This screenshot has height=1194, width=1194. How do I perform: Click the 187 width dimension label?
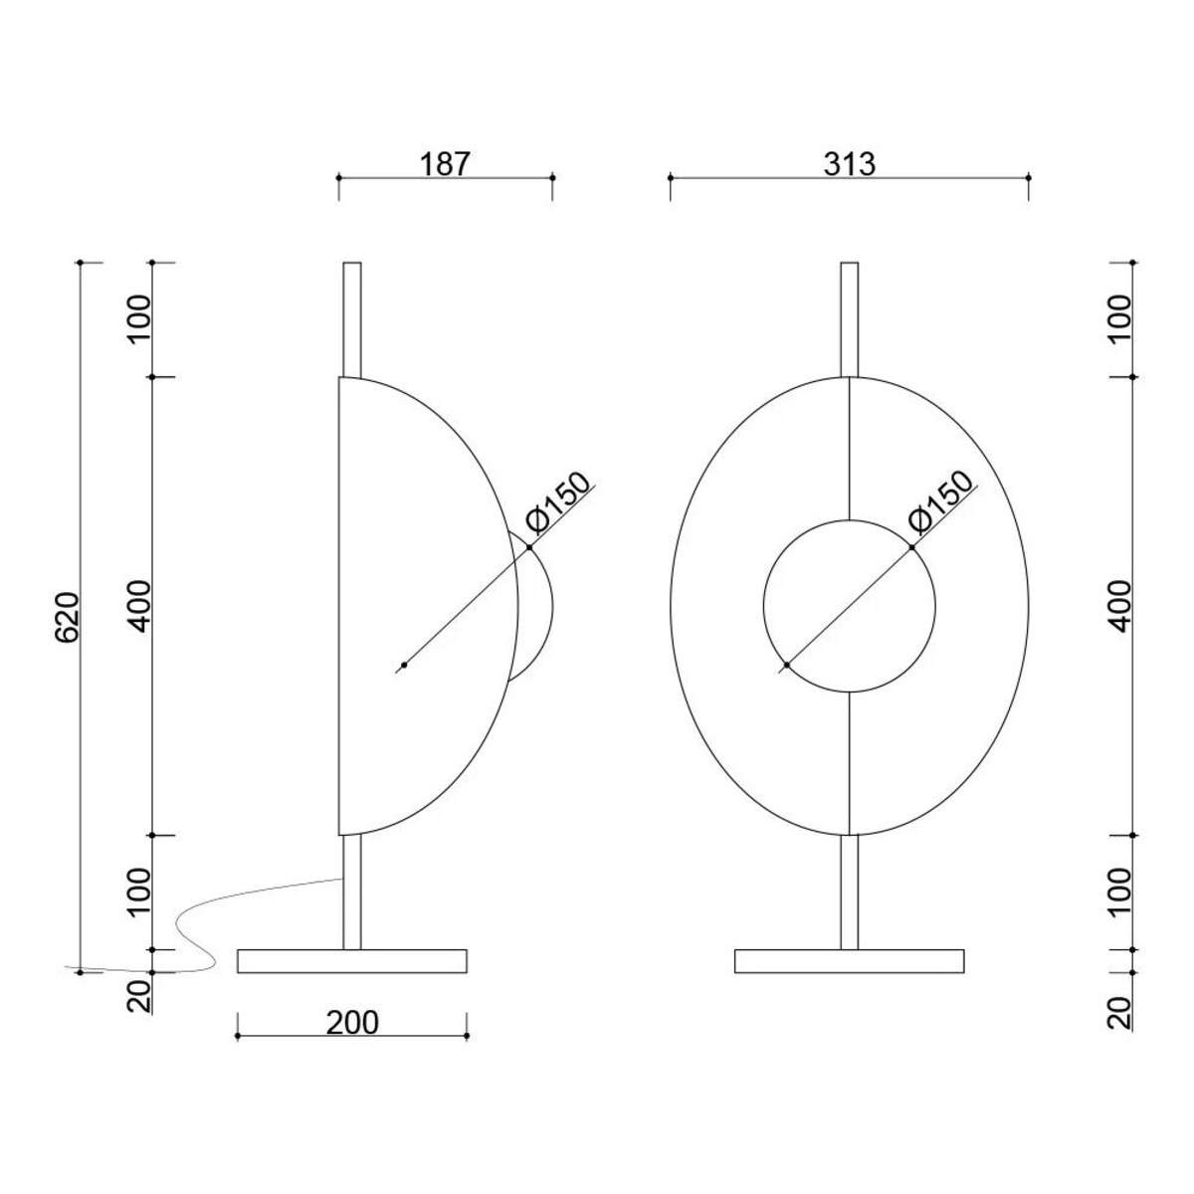[445, 164]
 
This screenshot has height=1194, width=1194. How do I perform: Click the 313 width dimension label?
[850, 164]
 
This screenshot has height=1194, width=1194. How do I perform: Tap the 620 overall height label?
[67, 617]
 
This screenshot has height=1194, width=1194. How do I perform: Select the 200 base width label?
[352, 1023]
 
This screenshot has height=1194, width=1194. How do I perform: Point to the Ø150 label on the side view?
[556, 503]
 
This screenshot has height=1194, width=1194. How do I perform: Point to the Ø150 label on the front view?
[939, 503]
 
